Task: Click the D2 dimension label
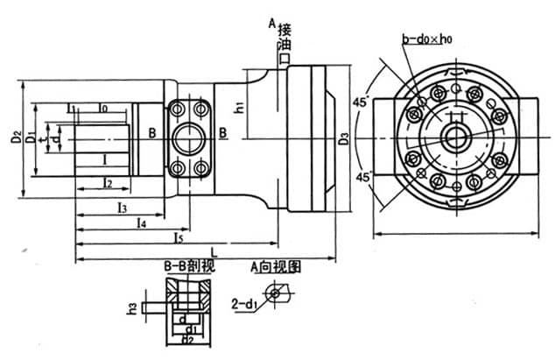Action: point(16,138)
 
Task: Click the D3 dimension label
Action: point(344,138)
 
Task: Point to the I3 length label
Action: point(121,208)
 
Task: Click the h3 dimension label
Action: point(132,307)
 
